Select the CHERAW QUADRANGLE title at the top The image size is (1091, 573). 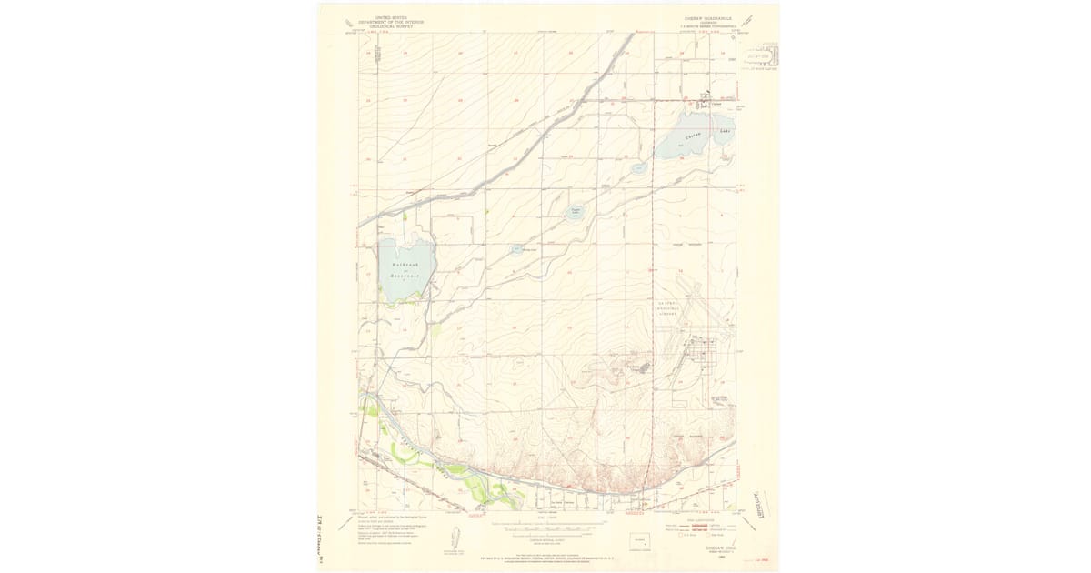click(x=714, y=17)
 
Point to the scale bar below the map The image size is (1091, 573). click(x=545, y=526)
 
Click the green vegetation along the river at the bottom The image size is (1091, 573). click(x=491, y=492)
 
